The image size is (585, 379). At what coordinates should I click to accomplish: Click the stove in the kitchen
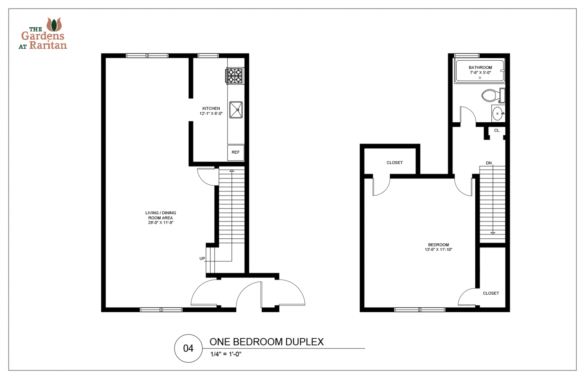tap(235, 75)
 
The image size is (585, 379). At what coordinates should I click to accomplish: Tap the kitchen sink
tap(236, 110)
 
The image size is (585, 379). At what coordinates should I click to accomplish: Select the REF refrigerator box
tap(236, 153)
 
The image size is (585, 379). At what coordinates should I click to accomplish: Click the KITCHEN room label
tap(211, 109)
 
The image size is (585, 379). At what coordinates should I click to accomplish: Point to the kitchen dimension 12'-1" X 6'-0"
tap(211, 114)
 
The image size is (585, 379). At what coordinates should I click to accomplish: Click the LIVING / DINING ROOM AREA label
tap(161, 215)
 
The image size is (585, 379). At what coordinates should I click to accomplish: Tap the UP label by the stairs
tap(202, 259)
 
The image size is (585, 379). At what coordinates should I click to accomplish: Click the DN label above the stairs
tap(489, 163)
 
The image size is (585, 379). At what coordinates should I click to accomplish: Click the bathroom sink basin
tap(497, 114)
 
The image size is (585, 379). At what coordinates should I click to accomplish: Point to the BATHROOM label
tap(480, 67)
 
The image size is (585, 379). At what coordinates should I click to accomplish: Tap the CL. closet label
tap(497, 130)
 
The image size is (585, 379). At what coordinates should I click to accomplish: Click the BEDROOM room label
tap(438, 245)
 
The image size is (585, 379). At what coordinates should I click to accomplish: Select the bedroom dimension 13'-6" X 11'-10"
tap(438, 250)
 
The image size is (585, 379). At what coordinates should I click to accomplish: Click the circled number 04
tap(188, 348)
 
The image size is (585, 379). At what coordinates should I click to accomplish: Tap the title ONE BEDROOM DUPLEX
tap(267, 342)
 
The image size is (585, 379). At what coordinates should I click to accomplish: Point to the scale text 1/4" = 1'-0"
tap(226, 354)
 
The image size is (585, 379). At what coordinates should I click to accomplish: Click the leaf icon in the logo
tap(54, 25)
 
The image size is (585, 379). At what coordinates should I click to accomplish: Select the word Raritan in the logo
tap(48, 45)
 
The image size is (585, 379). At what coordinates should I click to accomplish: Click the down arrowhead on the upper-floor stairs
tap(493, 233)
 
